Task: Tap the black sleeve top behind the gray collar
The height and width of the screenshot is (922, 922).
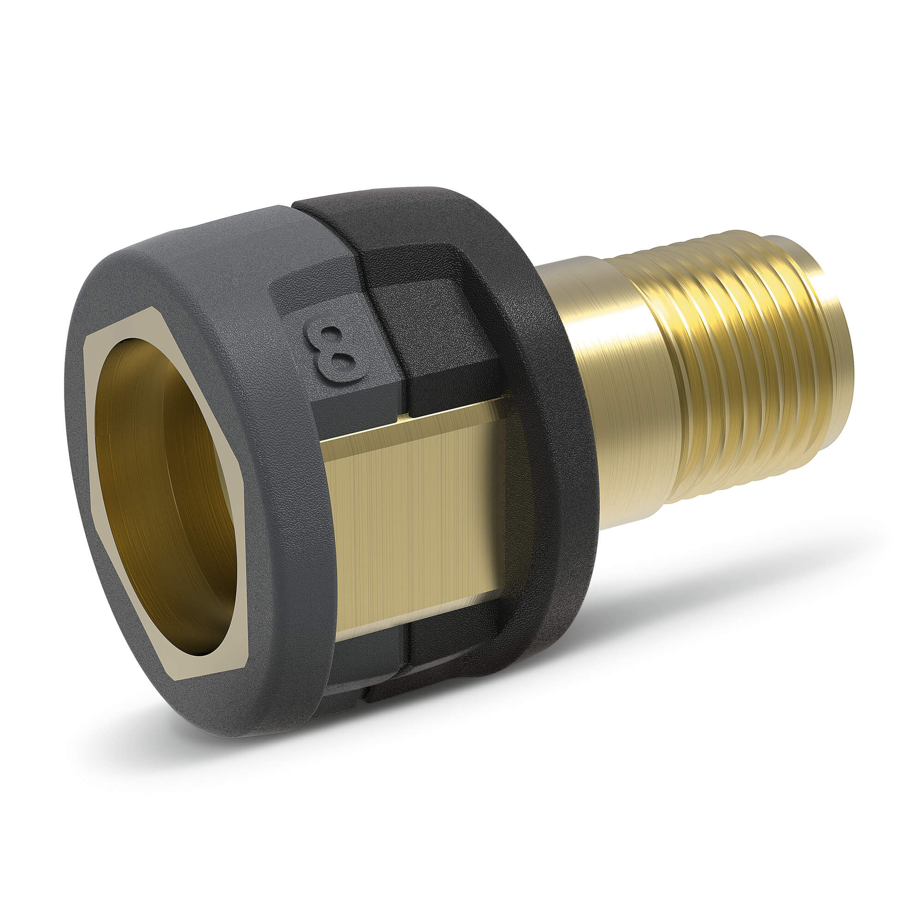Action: [406, 210]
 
